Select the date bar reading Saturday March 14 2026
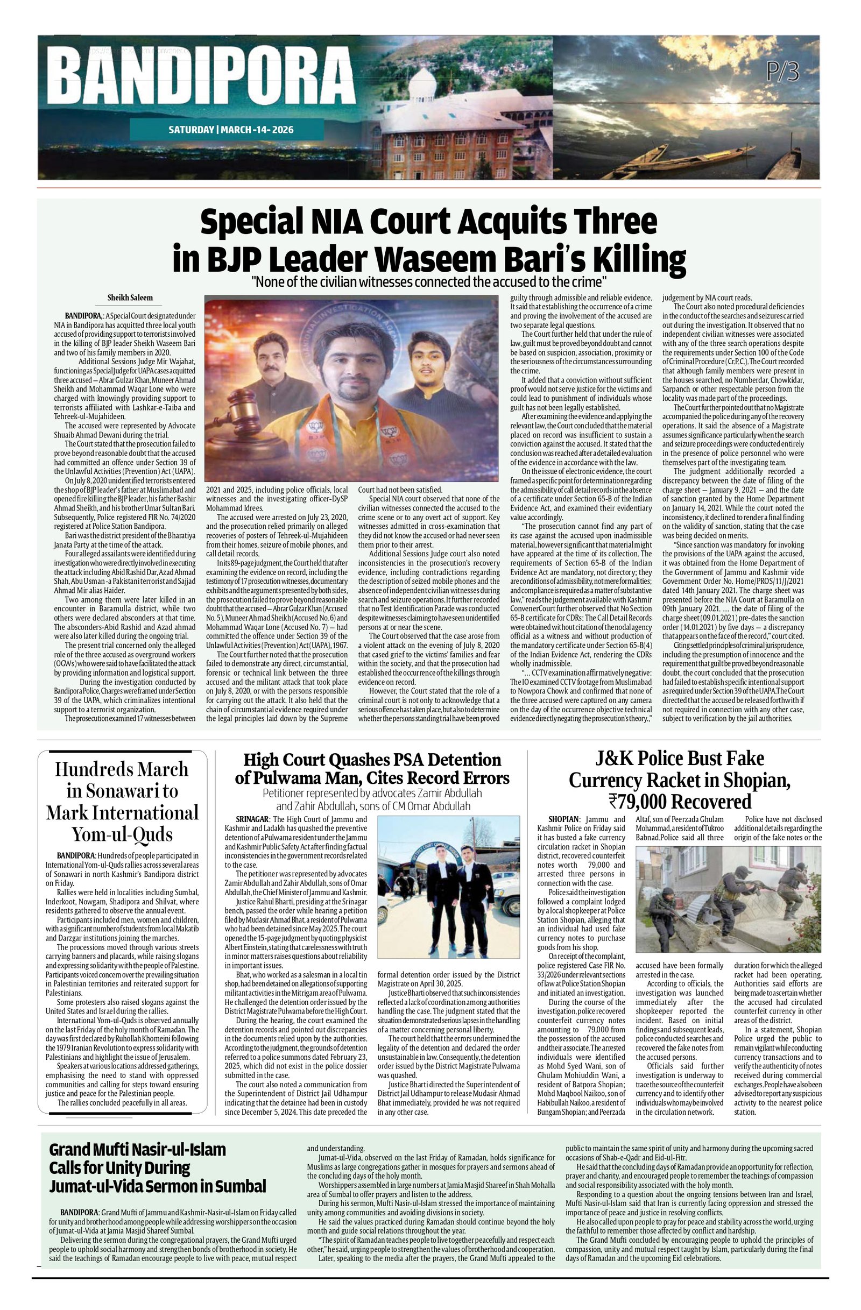(x=231, y=130)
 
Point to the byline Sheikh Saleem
(x=130, y=298)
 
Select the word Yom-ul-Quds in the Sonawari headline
(x=122, y=834)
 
